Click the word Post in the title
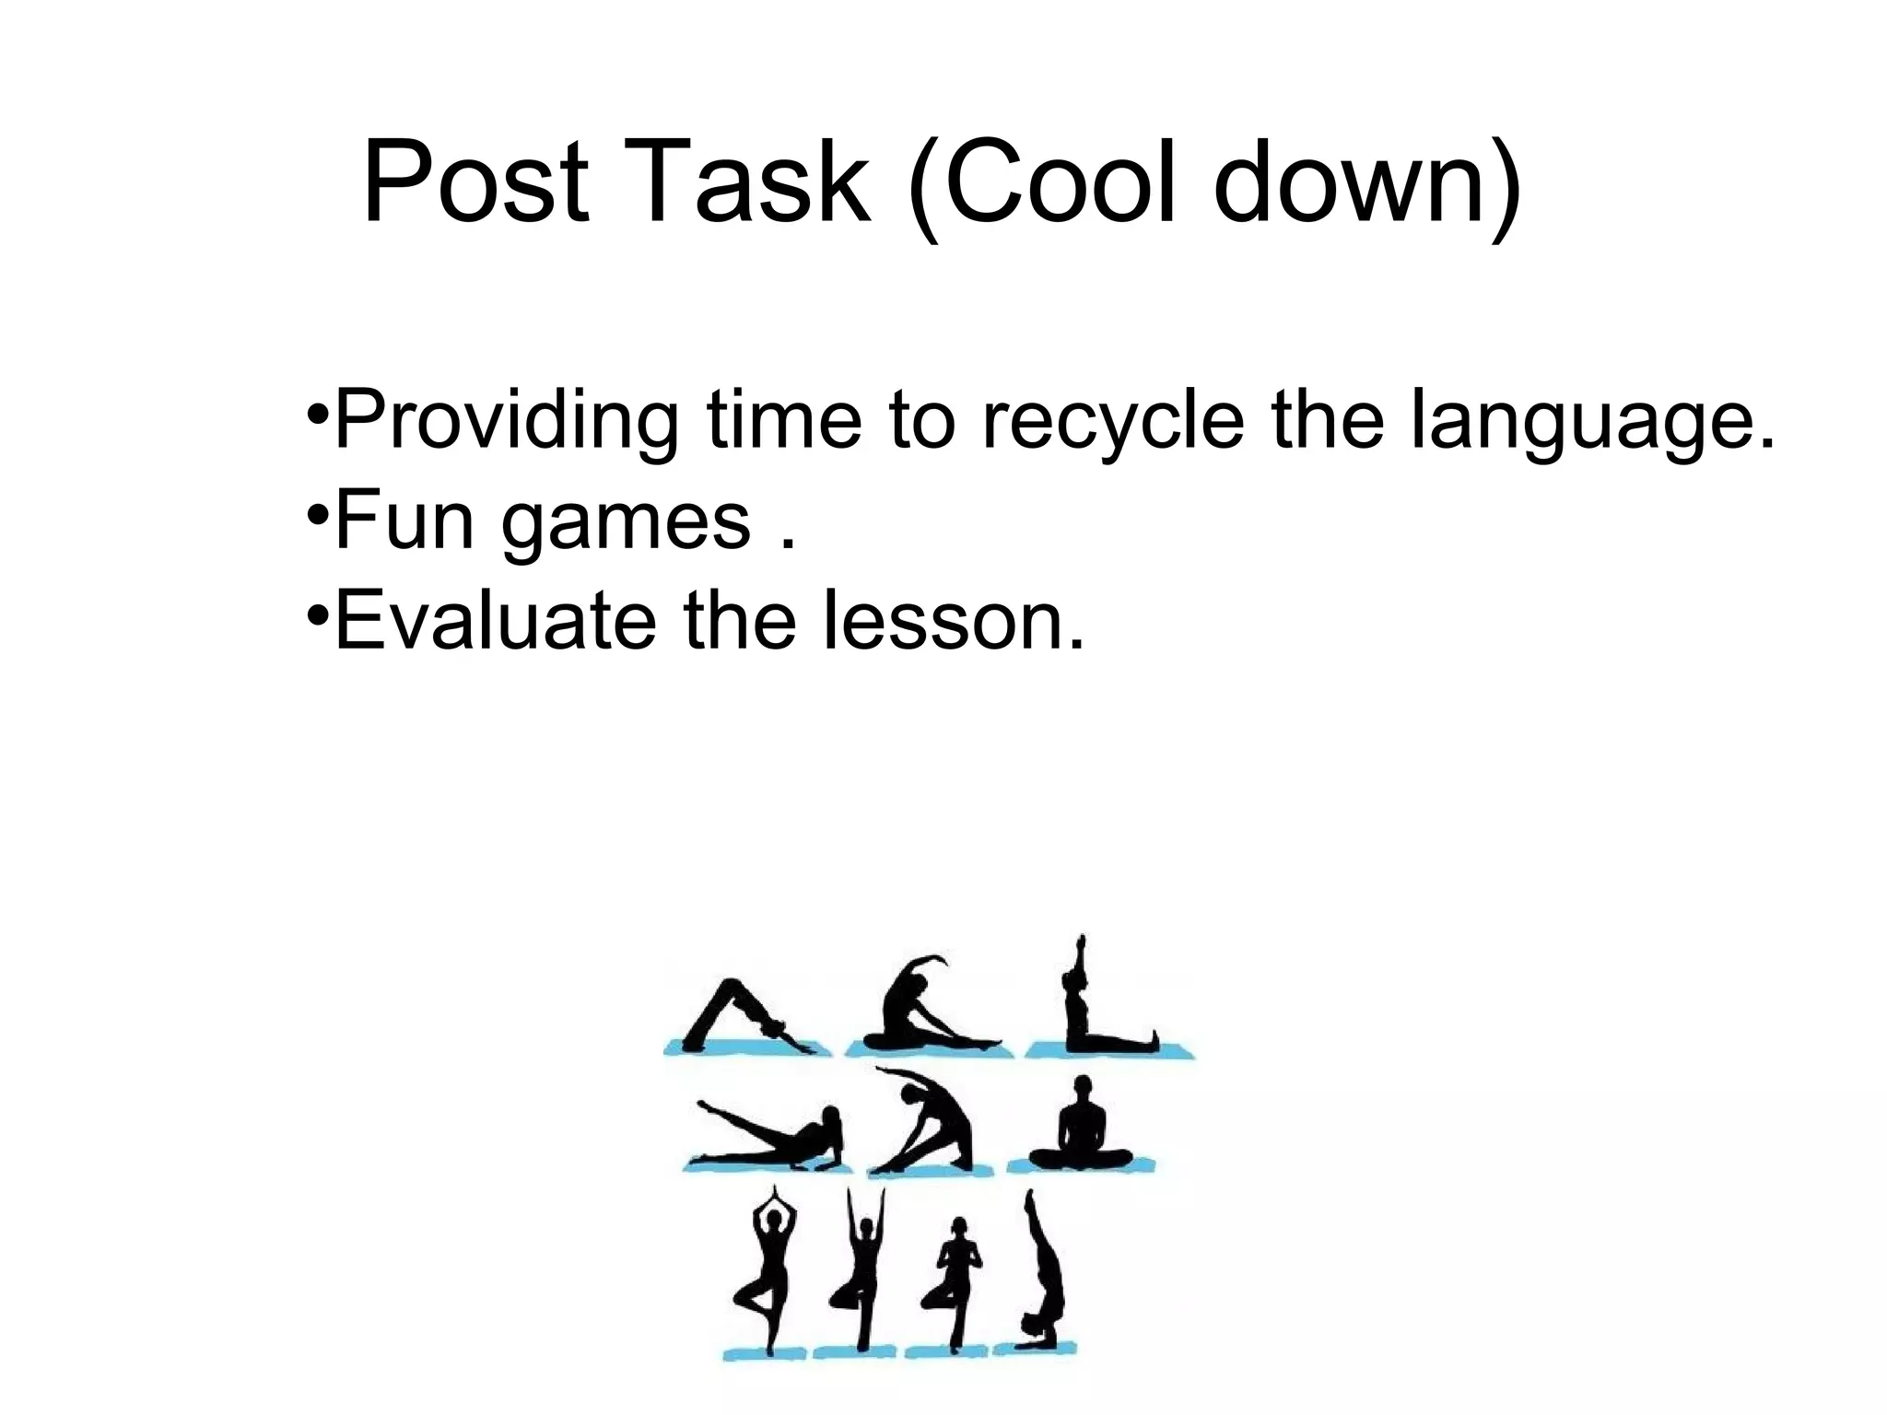[x=475, y=181]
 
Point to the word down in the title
[x=1354, y=181]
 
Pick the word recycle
[x=1113, y=420]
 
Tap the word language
[x=1592, y=422]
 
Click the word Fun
[x=404, y=520]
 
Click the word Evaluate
[x=496, y=621]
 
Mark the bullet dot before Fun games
[x=316, y=512]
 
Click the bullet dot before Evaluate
[x=316, y=613]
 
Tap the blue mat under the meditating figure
[x=1080, y=1164]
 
